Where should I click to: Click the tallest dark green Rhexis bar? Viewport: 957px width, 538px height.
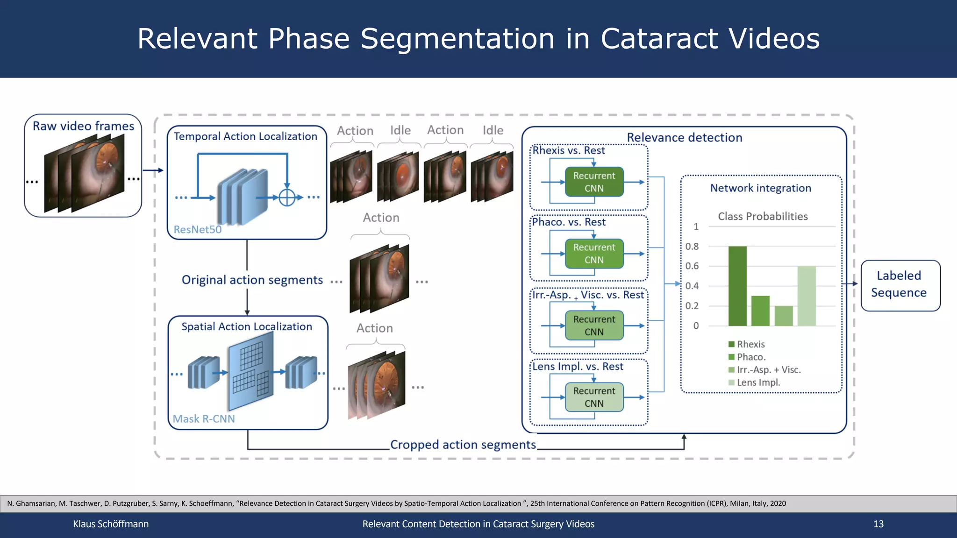737,286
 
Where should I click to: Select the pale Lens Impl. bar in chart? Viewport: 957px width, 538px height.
807,296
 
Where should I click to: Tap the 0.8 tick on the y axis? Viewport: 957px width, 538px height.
692,247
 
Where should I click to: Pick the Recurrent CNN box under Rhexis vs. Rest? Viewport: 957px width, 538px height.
594,182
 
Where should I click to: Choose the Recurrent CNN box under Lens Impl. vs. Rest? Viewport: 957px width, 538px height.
594,397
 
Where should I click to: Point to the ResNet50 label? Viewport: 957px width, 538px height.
197,230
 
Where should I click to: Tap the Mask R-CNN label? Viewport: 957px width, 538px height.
204,419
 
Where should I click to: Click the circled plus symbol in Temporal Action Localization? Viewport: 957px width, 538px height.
287,198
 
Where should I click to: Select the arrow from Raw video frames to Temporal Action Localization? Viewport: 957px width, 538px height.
153,170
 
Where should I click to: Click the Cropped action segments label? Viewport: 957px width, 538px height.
463,445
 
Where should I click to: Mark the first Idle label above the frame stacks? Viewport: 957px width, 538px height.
400,130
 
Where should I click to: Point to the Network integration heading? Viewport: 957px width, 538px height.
760,188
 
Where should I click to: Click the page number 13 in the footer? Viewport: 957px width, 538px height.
878,524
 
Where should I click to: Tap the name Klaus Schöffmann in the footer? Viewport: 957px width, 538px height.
111,524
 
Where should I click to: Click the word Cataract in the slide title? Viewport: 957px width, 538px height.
659,38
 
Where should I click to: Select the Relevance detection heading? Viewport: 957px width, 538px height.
684,138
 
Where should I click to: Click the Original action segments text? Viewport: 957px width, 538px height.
252,280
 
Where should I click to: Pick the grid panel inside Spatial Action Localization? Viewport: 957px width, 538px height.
251,371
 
